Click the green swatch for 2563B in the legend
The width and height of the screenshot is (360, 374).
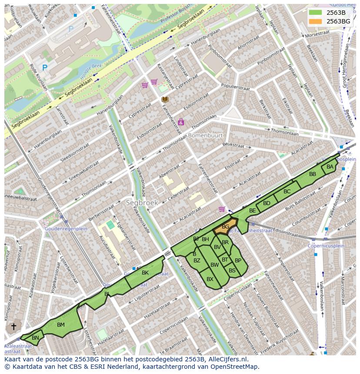tap(316, 13)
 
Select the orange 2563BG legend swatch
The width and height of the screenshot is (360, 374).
tap(316, 21)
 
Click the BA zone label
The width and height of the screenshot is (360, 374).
tap(330, 167)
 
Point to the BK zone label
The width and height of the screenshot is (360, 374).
tap(145, 273)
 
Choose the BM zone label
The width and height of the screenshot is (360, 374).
tap(61, 324)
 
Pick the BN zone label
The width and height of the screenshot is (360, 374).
tap(35, 338)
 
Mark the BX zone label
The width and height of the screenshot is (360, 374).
tap(210, 279)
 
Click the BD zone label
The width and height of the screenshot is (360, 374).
tap(267, 203)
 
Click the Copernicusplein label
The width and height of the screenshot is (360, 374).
tap(326, 246)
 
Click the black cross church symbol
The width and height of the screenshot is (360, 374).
tap(13, 327)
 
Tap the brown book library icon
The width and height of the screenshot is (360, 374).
tap(165, 99)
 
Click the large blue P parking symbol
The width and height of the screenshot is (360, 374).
tap(44, 68)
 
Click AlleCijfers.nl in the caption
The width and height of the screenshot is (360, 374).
tap(227, 359)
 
